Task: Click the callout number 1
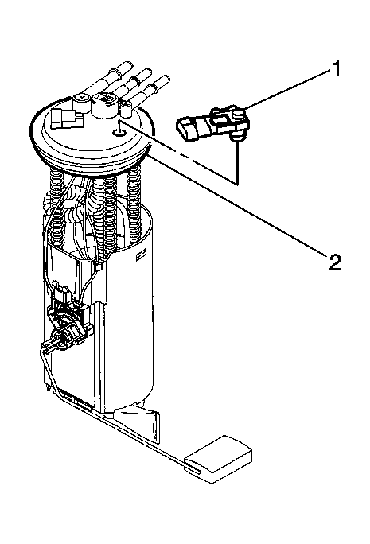coord(335,68)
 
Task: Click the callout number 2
coord(335,262)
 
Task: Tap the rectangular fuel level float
coord(218,459)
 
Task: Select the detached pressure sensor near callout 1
coord(213,124)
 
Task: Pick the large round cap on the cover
coord(104,104)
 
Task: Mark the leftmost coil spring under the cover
coord(56,204)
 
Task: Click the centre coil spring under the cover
coord(109,215)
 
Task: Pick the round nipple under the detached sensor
coord(236,138)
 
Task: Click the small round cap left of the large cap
coord(80,101)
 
